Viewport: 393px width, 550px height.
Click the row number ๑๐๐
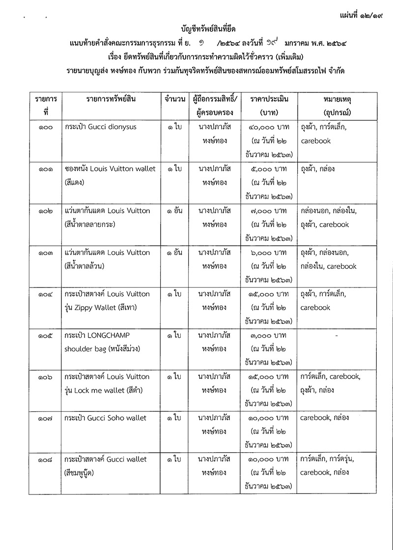click(45, 127)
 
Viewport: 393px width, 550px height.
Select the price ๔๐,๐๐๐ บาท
click(268, 127)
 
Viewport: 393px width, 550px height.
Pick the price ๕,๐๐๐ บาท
click(268, 169)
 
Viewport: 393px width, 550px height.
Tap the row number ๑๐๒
click(45, 210)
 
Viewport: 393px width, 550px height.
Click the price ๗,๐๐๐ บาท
click(268, 210)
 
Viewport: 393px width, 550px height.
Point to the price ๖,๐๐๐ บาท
click(268, 252)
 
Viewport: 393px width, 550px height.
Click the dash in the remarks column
click(336, 336)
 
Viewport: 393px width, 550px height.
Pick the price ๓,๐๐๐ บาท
click(268, 335)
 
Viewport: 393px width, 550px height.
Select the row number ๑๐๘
click(45, 460)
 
